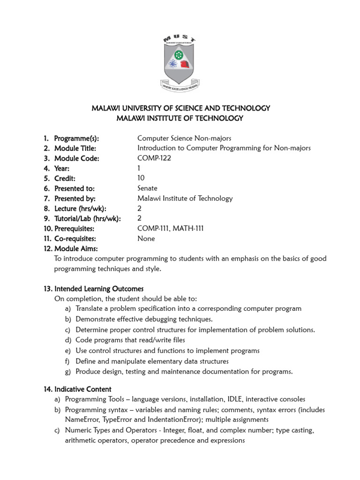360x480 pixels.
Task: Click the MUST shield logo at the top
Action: [180, 64]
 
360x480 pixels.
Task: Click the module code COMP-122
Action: [154, 158]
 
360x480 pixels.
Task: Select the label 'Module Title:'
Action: [75, 148]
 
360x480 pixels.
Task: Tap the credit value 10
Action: [141, 178]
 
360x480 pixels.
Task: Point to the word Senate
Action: [148, 188]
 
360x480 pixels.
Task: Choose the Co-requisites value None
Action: [146, 238]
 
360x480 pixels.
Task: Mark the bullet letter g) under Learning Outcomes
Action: [68, 372]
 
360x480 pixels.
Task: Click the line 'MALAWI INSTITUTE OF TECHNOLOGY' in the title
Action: [180, 118]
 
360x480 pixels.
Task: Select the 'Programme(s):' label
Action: [76, 138]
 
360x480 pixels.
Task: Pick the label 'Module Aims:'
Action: [76, 248]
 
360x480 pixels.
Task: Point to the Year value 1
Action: [139, 168]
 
